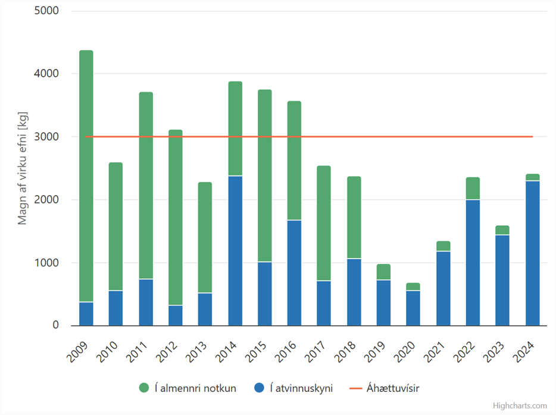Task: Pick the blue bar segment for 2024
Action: click(x=532, y=253)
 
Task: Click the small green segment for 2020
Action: click(x=414, y=287)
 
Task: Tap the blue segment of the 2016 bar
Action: click(x=294, y=273)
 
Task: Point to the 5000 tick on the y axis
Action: click(x=48, y=11)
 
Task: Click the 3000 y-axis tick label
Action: click(x=48, y=137)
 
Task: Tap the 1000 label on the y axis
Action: click(x=48, y=263)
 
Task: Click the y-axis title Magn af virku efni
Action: click(x=23, y=168)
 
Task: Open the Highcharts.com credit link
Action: click(x=520, y=405)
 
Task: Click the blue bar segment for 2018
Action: click(x=354, y=292)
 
